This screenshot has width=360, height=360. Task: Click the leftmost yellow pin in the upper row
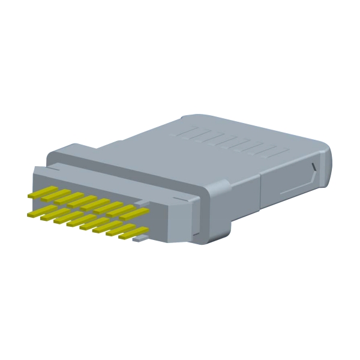[42, 192]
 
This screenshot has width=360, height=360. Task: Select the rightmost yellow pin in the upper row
[134, 212]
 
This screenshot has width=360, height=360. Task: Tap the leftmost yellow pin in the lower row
[41, 212]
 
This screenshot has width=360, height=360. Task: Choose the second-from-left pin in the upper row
[55, 195]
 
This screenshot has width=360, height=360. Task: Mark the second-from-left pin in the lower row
[54, 215]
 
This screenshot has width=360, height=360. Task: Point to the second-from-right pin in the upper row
[121, 209]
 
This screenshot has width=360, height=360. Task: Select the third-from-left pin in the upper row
[68, 198]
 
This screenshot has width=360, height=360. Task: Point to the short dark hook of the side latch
[313, 167]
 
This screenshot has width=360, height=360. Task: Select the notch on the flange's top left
[39, 170]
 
